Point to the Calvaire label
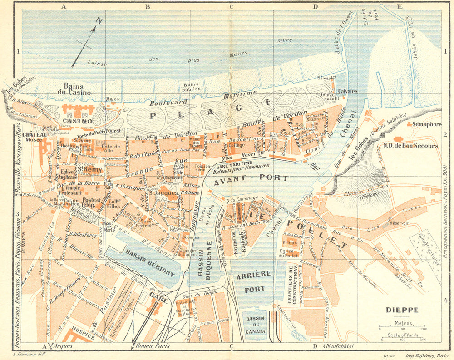coord(347,91)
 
